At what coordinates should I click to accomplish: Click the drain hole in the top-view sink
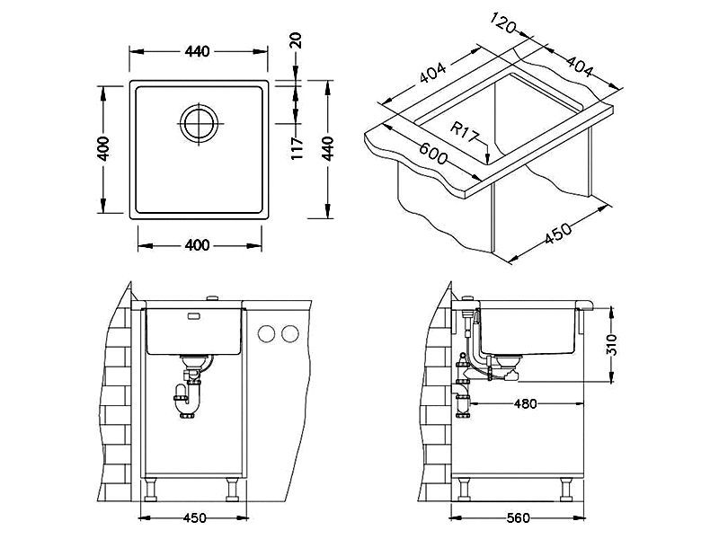(198, 122)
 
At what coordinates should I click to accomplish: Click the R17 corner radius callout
(466, 133)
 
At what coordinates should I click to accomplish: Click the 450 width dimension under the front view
(194, 517)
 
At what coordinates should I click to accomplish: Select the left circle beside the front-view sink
(267, 334)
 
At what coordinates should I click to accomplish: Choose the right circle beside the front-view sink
(288, 334)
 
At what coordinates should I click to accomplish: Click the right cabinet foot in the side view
(567, 490)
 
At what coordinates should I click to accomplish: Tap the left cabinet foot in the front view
(152, 490)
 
